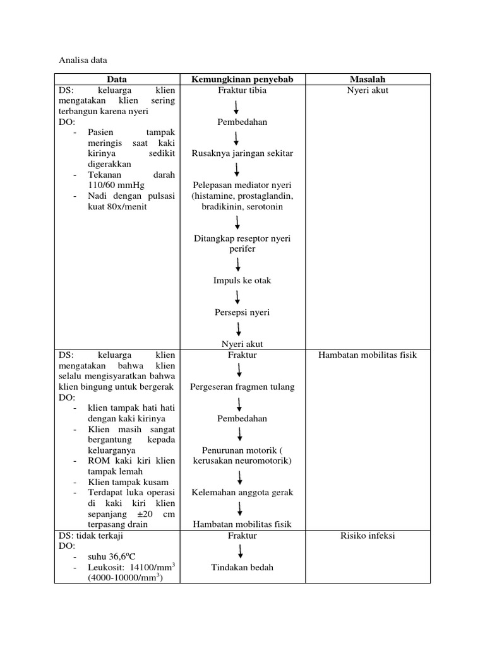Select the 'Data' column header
coord(116,79)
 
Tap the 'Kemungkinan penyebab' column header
coord(242,79)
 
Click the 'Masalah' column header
coord(368,79)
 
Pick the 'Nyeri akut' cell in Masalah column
coord(368,90)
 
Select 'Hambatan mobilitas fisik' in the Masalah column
coord(368,355)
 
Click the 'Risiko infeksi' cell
coord(368,536)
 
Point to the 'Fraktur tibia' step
coord(242,90)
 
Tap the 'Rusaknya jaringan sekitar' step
coord(242,153)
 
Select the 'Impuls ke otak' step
coord(242,281)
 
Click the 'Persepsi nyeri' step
coord(242,312)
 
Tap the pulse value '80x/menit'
coord(129,206)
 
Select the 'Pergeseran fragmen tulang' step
coord(242,387)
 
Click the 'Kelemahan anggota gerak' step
coord(242,493)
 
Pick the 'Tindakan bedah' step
coord(242,567)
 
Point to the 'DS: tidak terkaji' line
coord(91,536)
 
